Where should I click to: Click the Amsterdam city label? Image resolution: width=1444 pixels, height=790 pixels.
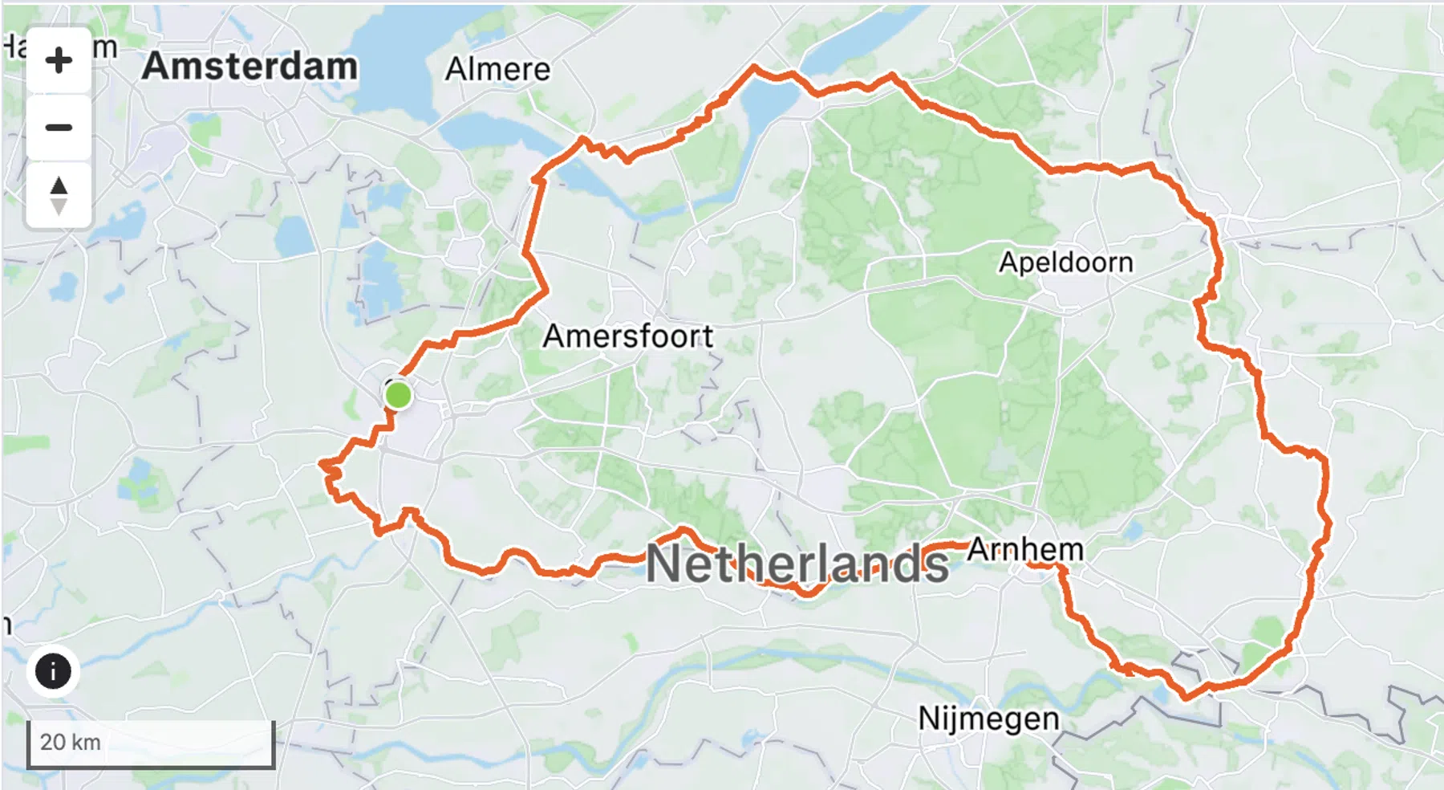(x=249, y=66)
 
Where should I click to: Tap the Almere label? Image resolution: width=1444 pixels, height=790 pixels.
(x=497, y=69)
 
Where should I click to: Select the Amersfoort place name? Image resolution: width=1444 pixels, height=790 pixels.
(x=627, y=336)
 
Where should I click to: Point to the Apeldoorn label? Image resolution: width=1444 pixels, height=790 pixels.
(x=1065, y=262)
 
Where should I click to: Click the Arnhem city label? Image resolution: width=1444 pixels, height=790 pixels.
(x=1025, y=549)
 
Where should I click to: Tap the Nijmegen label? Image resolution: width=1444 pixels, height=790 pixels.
(x=988, y=718)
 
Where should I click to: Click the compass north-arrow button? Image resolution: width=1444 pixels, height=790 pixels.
(x=59, y=195)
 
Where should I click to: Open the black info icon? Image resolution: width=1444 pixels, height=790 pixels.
(x=53, y=671)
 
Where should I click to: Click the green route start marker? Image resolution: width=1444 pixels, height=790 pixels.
(x=398, y=395)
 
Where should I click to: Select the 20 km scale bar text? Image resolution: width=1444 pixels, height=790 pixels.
(x=71, y=742)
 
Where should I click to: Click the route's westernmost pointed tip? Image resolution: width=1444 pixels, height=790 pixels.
(x=321, y=463)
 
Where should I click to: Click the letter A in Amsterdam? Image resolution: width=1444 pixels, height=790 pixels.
(x=157, y=66)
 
